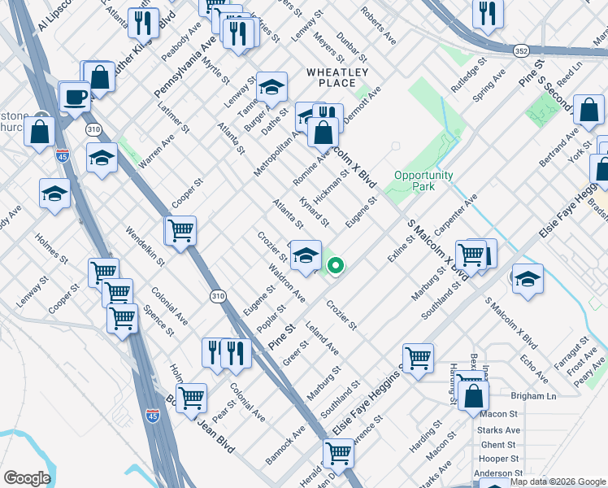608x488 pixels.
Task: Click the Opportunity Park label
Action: (423, 181)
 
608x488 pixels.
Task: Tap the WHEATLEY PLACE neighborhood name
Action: (332, 77)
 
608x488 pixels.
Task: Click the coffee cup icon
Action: (76, 98)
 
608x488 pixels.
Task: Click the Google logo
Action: (26, 478)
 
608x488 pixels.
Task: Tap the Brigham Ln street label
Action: (533, 396)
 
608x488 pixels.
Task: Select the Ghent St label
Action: (498, 444)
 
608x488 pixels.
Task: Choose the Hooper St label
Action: (498, 458)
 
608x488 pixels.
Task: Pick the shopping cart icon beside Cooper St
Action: (180, 230)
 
